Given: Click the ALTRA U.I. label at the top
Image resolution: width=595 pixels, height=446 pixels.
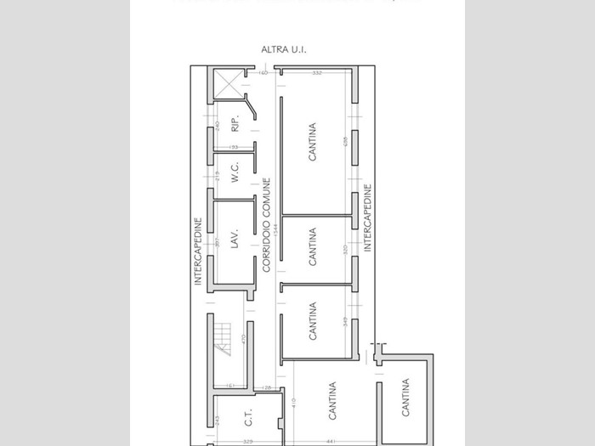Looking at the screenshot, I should coord(284,50).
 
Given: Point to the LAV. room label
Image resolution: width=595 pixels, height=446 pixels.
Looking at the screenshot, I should coord(235,238).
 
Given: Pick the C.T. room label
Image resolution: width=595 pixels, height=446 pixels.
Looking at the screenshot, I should coord(248,418).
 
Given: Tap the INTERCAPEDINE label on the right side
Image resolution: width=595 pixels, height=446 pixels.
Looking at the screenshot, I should coord(368,217).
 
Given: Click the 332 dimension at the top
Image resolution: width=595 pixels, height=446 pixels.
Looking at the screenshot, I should coord(316,73).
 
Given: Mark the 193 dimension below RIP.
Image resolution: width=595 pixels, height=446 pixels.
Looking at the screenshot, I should coord(234,148).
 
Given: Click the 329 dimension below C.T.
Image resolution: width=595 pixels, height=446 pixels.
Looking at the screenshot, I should coord(247,442).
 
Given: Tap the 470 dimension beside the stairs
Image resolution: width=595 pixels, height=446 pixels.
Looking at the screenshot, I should coord(243,338).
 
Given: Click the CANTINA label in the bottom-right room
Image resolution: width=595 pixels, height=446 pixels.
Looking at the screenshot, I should coord(405,398).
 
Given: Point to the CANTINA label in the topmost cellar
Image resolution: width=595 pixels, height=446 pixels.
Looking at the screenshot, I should coord(313,143).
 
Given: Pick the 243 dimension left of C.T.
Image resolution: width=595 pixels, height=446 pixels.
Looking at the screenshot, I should coord(218,420).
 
